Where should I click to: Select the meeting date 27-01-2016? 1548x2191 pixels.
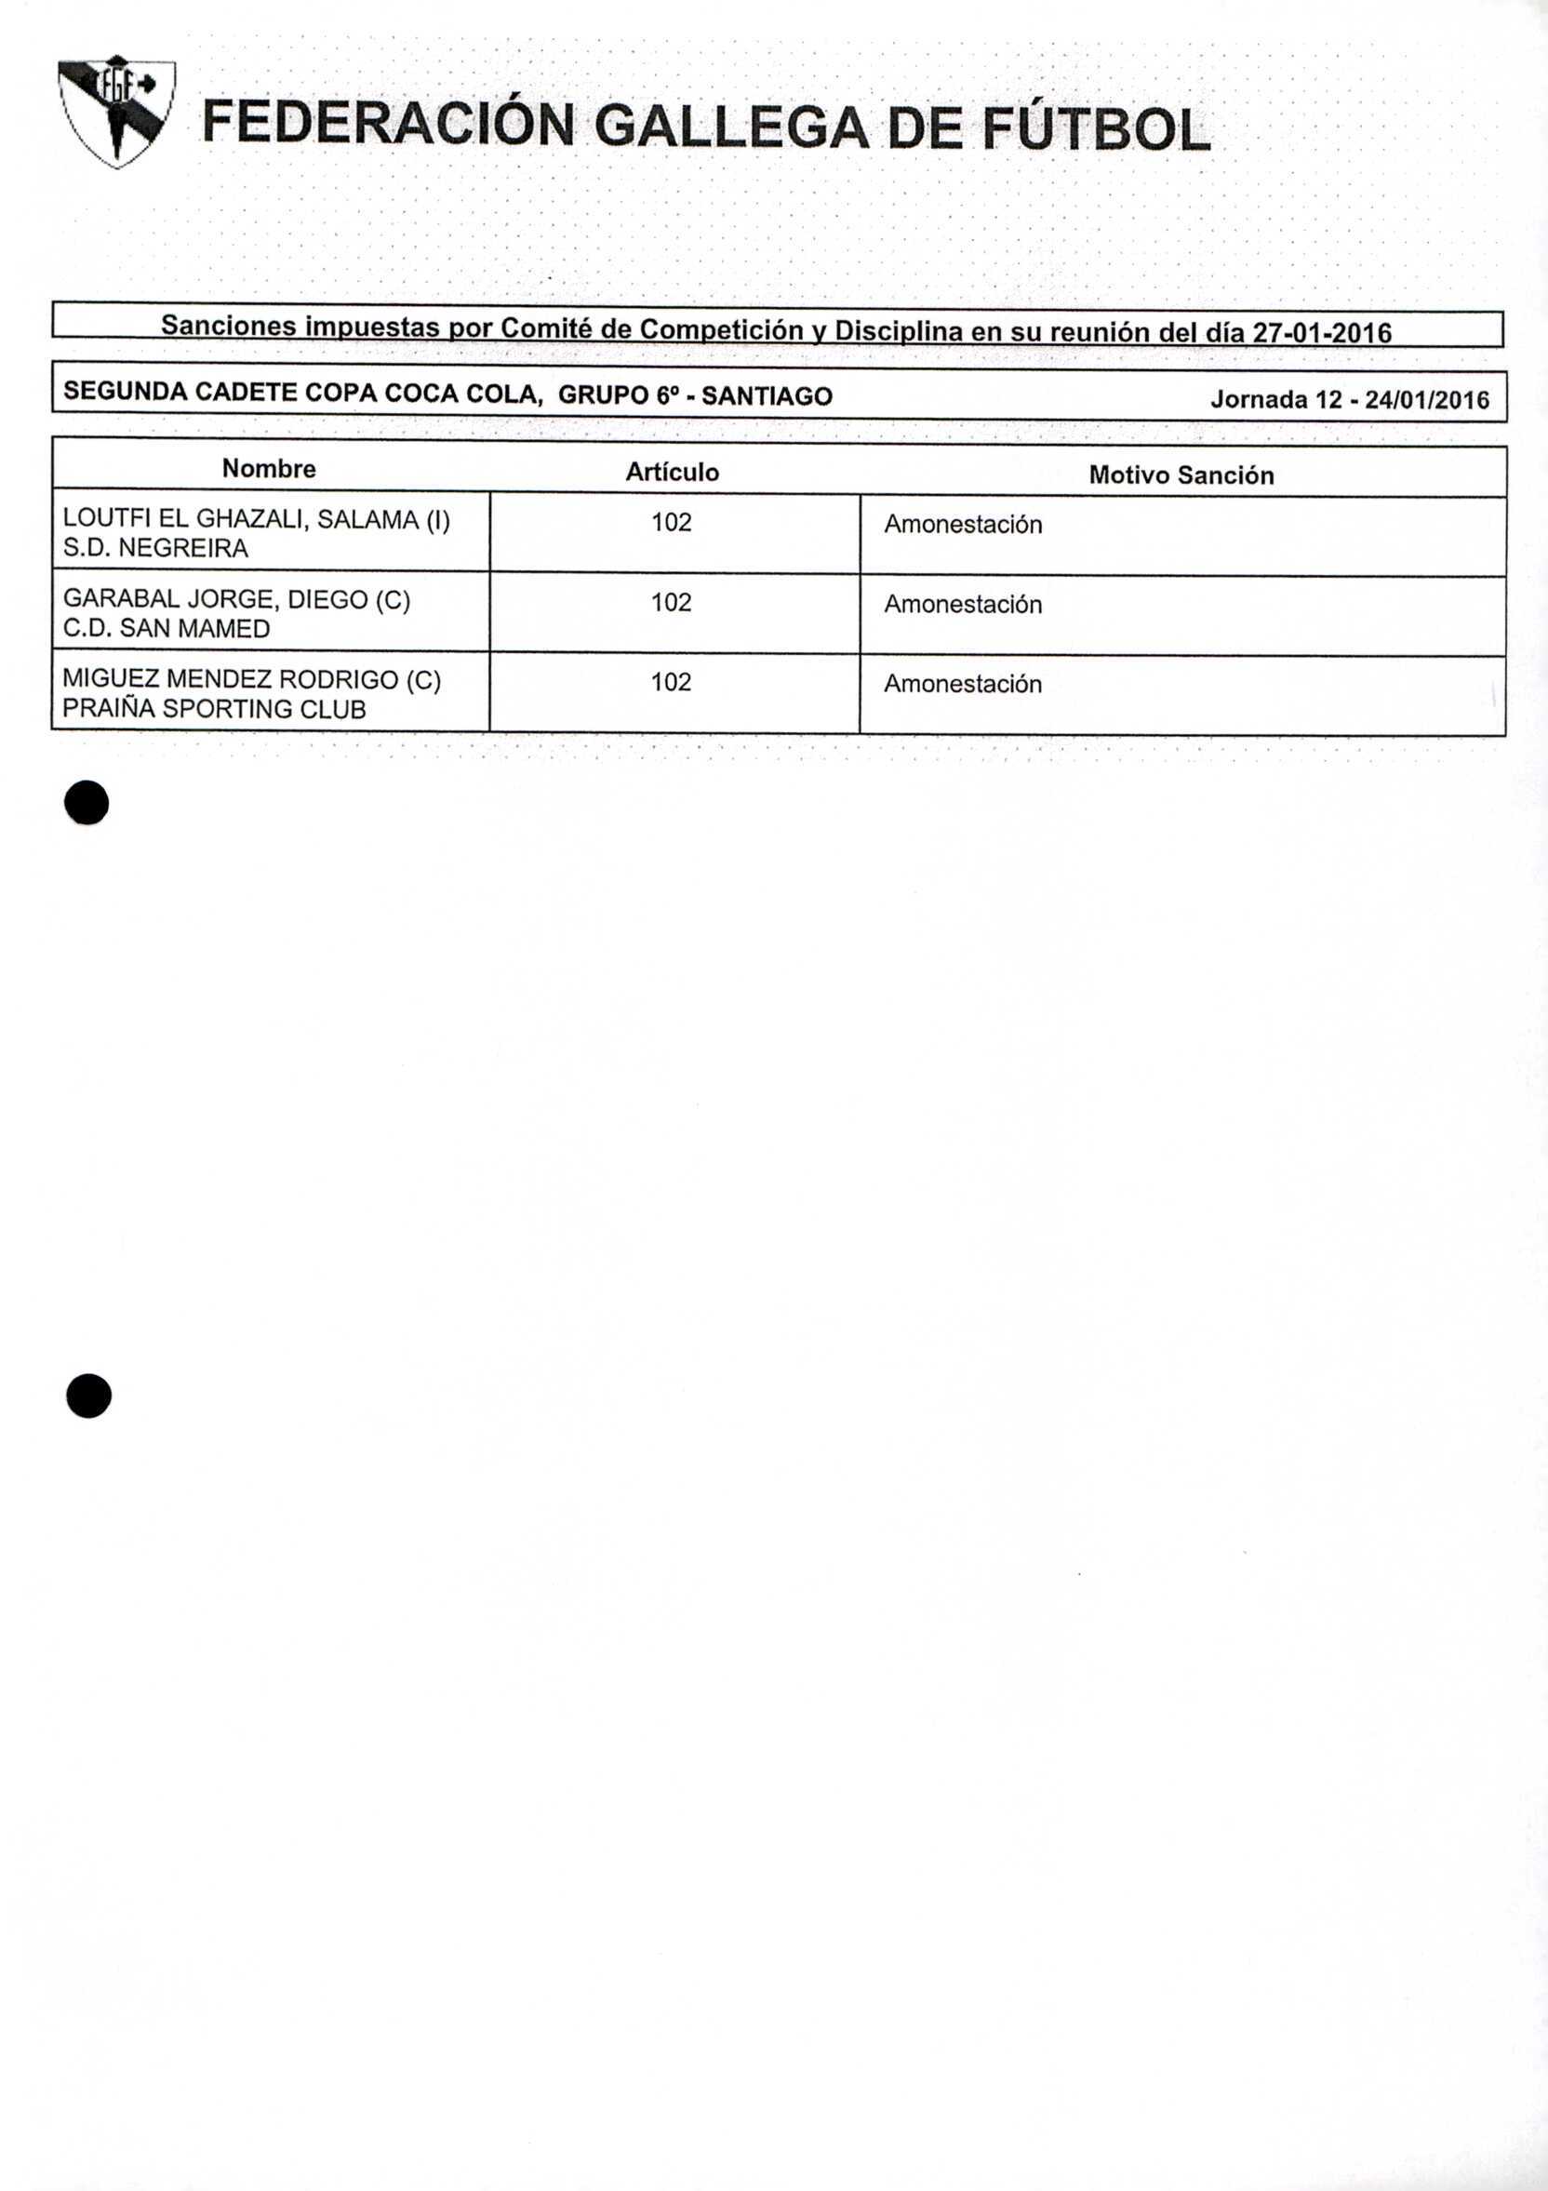pyautogui.click(x=1322, y=332)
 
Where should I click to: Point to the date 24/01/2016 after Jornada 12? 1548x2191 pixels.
pyautogui.click(x=1427, y=400)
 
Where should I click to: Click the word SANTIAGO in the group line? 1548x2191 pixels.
pyautogui.click(x=767, y=396)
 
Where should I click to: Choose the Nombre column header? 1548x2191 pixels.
pyautogui.click(x=269, y=469)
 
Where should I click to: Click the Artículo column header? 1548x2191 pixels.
pyautogui.click(x=672, y=473)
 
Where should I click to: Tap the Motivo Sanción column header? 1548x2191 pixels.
pyautogui.click(x=1181, y=475)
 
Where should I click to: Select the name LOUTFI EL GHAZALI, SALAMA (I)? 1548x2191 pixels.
pyautogui.click(x=256, y=519)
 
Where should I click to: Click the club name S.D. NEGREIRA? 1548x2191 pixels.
pyautogui.click(x=155, y=548)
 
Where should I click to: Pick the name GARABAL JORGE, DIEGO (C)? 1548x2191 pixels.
pyautogui.click(x=236, y=599)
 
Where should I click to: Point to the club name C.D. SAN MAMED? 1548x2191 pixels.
pyautogui.click(x=167, y=628)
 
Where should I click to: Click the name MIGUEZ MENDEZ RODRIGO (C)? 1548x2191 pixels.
pyautogui.click(x=252, y=679)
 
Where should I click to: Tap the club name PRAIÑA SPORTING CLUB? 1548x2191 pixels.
pyautogui.click(x=214, y=709)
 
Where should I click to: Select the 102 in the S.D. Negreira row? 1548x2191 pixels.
pyautogui.click(x=671, y=522)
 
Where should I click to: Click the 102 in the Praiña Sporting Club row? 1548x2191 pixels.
pyautogui.click(x=671, y=681)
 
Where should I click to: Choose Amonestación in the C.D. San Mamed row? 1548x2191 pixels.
pyautogui.click(x=962, y=604)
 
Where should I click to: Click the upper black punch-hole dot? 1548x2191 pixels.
pyautogui.click(x=87, y=803)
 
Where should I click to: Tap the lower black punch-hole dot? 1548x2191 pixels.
pyautogui.click(x=88, y=1396)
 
